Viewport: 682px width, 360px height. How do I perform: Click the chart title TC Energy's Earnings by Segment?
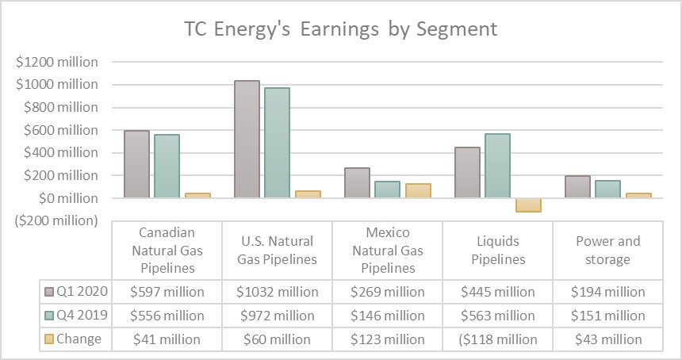(x=341, y=29)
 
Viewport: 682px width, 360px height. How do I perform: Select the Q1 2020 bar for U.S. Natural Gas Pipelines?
(x=247, y=139)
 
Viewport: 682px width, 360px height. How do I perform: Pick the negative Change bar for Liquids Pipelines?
(x=528, y=205)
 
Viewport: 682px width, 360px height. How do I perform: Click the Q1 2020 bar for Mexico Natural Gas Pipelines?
(x=358, y=182)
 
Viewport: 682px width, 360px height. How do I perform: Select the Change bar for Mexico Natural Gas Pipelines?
(x=418, y=190)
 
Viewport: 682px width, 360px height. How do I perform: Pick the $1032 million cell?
(x=276, y=292)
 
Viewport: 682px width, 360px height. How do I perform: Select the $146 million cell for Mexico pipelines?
(x=386, y=316)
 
